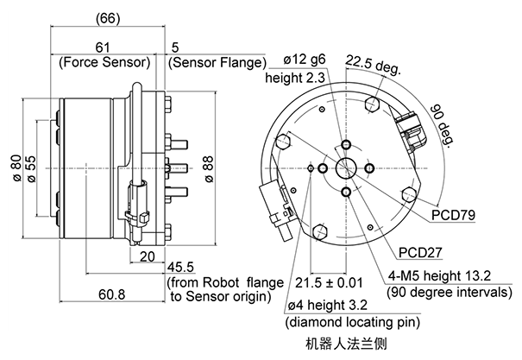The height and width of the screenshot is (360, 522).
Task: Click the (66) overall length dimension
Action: pyautogui.click(x=108, y=18)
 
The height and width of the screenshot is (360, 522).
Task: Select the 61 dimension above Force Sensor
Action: pyautogui.click(x=103, y=47)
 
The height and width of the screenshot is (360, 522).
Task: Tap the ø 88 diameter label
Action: pyautogui.click(x=209, y=169)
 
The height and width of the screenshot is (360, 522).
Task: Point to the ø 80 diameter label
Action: pyautogui.click(x=16, y=167)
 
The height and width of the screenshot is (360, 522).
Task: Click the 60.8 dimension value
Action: pyautogui.click(x=112, y=294)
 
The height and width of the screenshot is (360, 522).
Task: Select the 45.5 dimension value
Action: pyautogui.click(x=180, y=267)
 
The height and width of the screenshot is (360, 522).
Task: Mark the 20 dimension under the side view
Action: pyautogui.click(x=148, y=256)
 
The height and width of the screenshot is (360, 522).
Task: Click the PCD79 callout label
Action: pyautogui.click(x=453, y=215)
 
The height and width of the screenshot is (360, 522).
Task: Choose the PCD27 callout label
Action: pyautogui.click(x=420, y=253)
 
